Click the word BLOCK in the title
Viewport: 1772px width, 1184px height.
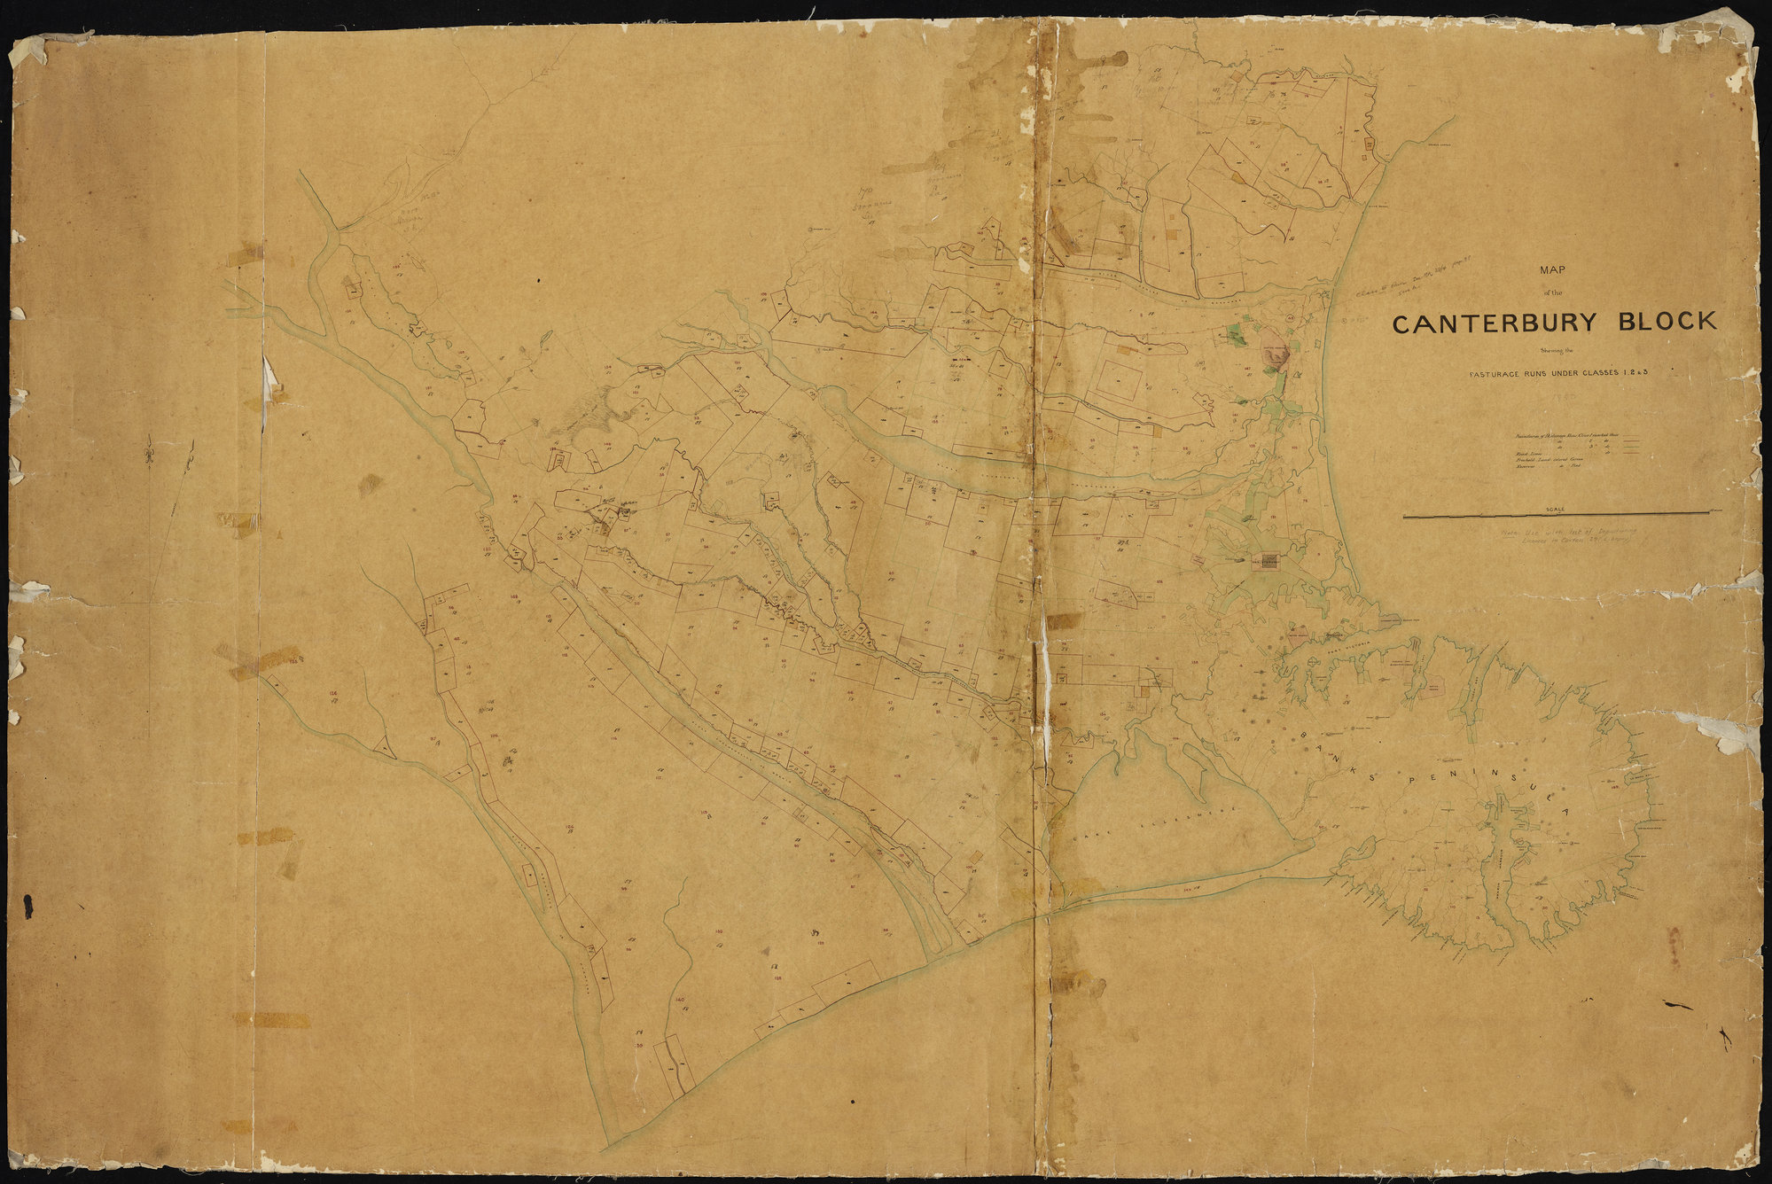(1667, 323)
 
